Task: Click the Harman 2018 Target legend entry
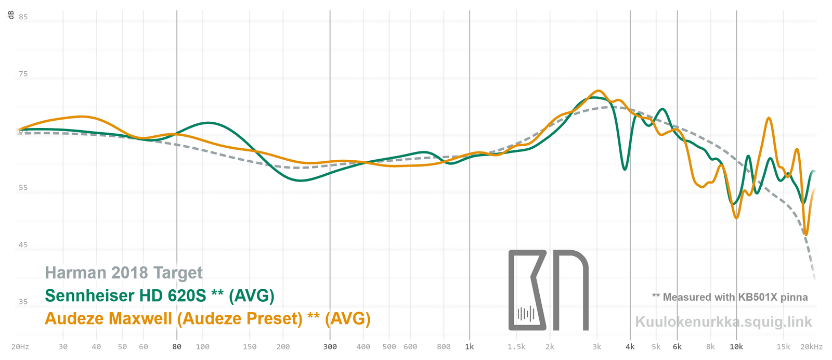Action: point(124,273)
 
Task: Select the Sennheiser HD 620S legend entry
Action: point(160,295)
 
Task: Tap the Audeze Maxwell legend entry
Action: point(207,318)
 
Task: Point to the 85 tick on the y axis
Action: point(23,17)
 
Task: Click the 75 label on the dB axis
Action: point(23,74)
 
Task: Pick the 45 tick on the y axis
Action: point(23,245)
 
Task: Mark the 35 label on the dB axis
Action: point(23,302)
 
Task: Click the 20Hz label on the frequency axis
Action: point(20,347)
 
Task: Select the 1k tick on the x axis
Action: point(470,347)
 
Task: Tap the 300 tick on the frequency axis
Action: point(330,347)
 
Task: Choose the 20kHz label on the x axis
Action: point(811,347)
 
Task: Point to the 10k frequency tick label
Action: point(736,347)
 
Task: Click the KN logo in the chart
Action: point(548,290)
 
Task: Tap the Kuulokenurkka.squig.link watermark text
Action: point(723,322)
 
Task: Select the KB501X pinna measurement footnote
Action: point(730,297)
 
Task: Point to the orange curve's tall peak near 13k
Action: point(769,119)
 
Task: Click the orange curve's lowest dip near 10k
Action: point(736,217)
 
